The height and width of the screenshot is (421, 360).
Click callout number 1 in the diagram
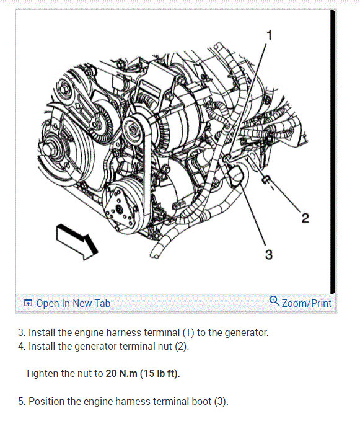click(x=270, y=35)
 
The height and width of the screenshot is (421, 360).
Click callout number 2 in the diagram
click(x=305, y=218)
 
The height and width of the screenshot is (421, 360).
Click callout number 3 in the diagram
click(x=269, y=255)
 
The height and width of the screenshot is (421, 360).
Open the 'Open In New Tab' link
click(x=73, y=303)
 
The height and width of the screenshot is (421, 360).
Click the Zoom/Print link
click(x=307, y=303)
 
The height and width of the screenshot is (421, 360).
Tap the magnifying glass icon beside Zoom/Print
click(x=274, y=301)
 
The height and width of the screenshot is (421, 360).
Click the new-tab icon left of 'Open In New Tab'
click(x=28, y=303)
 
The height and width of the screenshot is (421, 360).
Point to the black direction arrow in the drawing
click(x=77, y=242)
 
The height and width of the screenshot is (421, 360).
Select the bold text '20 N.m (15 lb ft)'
click(x=142, y=373)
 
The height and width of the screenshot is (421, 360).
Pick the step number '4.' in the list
click(x=22, y=346)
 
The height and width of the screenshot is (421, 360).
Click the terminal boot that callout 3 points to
click(x=236, y=175)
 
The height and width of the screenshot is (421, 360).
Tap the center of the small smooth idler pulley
click(x=133, y=131)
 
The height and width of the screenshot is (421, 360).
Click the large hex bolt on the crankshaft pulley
click(x=48, y=149)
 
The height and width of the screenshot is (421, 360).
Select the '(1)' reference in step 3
click(x=188, y=333)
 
